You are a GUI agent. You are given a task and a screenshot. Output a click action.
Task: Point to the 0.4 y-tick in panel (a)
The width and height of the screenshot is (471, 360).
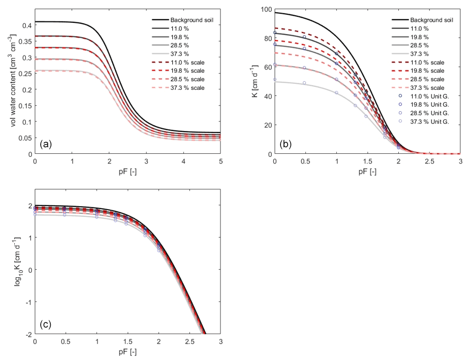pos(26,25)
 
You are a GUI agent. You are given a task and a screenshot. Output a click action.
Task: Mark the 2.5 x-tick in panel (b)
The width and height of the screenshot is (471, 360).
pos(429,160)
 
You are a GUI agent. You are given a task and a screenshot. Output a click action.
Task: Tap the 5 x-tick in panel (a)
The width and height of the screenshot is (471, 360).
pos(221,160)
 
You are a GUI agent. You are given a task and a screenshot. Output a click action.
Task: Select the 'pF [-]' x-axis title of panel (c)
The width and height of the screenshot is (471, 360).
pos(128,351)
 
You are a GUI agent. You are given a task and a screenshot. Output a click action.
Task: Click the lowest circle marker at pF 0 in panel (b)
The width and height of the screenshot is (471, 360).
pos(275,79)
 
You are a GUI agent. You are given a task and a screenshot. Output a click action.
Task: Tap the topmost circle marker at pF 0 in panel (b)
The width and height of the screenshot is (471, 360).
pos(275,32)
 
